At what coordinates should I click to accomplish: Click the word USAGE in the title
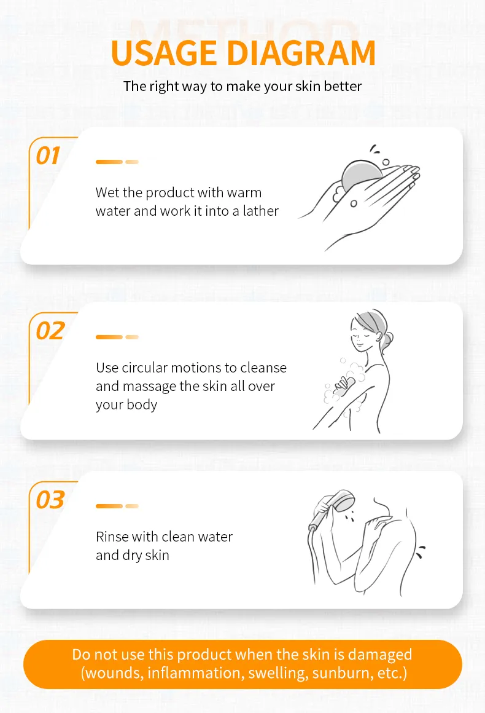164,53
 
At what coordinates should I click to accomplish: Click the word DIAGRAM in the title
301,53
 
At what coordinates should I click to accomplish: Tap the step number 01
48,156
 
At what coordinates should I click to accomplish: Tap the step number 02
50,331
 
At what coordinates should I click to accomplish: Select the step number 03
50,499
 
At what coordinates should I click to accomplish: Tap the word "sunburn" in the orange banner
340,673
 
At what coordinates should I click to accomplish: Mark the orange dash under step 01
109,162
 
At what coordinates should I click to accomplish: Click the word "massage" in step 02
149,387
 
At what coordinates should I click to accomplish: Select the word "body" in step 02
142,404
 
